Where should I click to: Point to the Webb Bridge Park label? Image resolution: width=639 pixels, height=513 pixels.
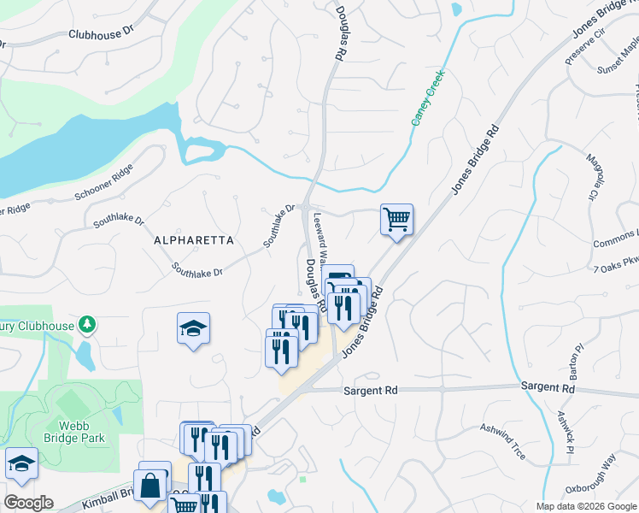[x=81, y=430]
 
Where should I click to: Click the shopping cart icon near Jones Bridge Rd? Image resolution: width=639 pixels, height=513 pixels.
[x=396, y=219]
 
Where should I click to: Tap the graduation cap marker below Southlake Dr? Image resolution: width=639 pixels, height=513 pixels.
[x=194, y=327]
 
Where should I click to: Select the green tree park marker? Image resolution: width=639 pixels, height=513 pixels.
[x=85, y=323]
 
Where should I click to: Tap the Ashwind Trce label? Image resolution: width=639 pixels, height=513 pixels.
[x=502, y=439]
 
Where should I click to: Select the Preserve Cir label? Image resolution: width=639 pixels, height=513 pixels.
[x=585, y=47]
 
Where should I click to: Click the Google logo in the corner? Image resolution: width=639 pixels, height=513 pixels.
[x=28, y=502]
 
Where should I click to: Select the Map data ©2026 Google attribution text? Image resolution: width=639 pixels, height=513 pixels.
[x=585, y=506]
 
